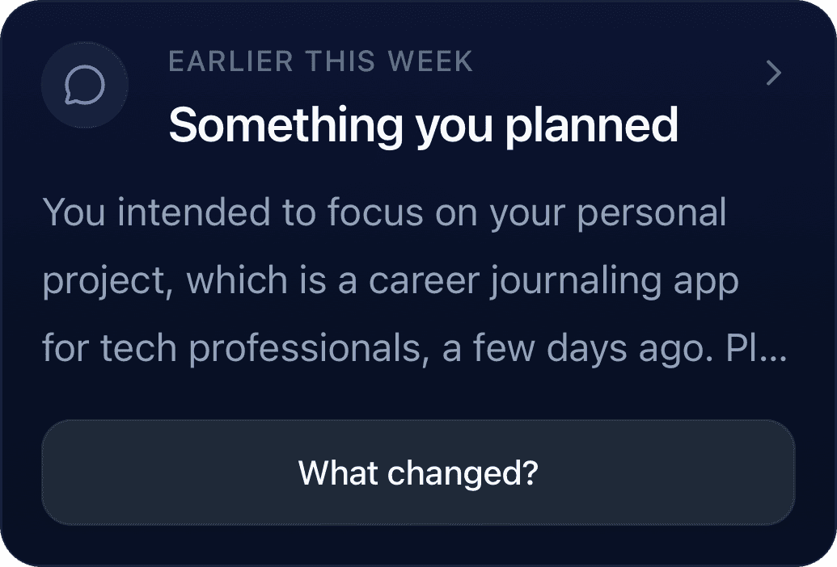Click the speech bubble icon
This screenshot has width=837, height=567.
85,85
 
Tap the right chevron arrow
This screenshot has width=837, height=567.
774,73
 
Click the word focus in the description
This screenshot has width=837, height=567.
375,212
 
